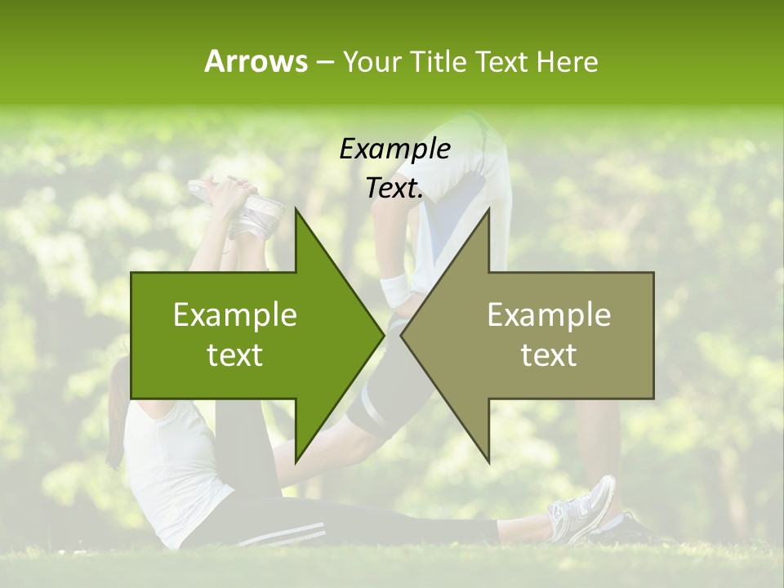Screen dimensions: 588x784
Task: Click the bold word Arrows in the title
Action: click(x=256, y=61)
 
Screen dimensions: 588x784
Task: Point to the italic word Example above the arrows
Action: click(x=395, y=149)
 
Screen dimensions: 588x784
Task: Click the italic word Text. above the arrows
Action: click(x=395, y=189)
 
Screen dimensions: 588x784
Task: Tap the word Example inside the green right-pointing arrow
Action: click(x=235, y=315)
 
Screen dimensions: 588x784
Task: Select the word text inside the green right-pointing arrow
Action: click(x=235, y=355)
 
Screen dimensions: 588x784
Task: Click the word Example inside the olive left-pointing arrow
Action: click(x=549, y=315)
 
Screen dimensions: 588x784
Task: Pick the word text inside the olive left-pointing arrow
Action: click(x=549, y=355)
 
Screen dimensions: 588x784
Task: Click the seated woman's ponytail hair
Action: click(x=117, y=408)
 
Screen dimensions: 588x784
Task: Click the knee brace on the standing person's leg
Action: click(x=372, y=408)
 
